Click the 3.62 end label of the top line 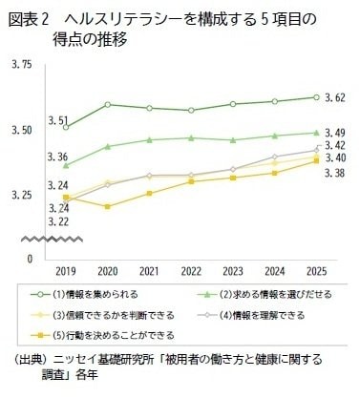click(x=335, y=97)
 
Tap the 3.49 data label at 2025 click(x=335, y=133)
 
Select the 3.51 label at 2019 click(x=58, y=121)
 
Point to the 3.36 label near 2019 click(x=57, y=157)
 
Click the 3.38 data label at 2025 click(x=335, y=173)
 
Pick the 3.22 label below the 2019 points click(x=58, y=221)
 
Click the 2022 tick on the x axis click(x=191, y=271)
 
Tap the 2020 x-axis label click(x=108, y=271)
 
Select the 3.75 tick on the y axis click(x=22, y=65)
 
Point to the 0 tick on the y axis click(x=30, y=260)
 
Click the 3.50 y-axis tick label click(x=22, y=131)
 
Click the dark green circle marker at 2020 click(x=108, y=105)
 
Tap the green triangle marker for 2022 click(x=191, y=137)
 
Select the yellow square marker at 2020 click(x=108, y=206)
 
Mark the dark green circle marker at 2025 click(x=316, y=97)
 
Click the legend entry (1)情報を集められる click(x=84, y=294)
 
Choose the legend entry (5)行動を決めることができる click(x=102, y=335)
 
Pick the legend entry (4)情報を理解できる click(x=251, y=315)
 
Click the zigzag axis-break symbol click(x=52, y=240)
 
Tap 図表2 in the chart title click(x=29, y=20)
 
